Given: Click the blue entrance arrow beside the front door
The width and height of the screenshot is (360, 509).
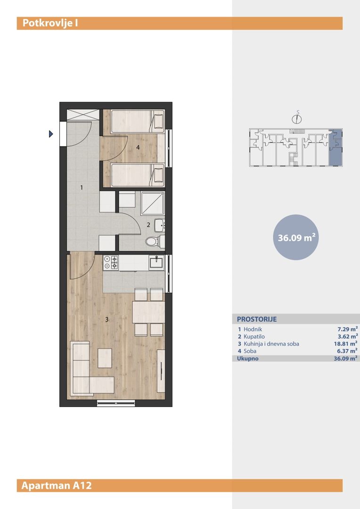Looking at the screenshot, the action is (50, 134).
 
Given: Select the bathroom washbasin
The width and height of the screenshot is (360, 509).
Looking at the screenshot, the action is (159, 225).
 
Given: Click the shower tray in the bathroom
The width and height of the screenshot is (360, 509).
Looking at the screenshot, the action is (153, 203).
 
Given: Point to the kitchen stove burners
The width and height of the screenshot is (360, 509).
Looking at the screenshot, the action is (111, 263).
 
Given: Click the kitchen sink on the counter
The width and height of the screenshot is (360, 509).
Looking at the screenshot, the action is (157, 263).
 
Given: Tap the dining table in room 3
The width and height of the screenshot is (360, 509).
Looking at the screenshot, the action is (148, 312).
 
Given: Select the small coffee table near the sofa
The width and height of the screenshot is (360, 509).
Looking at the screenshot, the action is (105, 358).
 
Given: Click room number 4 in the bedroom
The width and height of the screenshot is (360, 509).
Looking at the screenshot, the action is (138, 148).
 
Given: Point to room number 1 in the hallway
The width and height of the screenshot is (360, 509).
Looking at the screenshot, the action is (82, 187).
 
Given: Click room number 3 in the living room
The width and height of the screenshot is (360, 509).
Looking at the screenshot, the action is (107, 320).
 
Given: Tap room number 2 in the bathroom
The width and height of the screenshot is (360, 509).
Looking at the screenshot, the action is (148, 225).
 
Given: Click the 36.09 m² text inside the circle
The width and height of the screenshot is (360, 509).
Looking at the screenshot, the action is (296, 238).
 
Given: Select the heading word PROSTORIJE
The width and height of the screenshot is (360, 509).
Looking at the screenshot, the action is (257, 319).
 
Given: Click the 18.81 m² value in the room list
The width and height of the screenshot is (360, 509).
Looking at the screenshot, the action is (346, 344).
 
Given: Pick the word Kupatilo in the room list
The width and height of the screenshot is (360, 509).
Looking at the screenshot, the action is (254, 337).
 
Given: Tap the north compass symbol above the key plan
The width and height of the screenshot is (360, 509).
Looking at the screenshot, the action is (297, 118).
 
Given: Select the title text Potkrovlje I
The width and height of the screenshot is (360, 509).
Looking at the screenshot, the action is (50, 24).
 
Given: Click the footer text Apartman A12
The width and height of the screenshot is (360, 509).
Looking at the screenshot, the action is (57, 485).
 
